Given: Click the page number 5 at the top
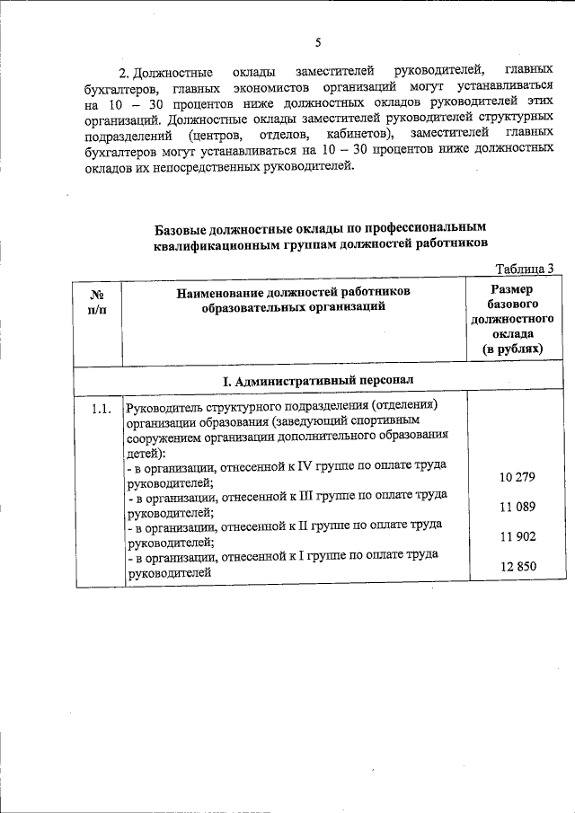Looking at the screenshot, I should tap(318, 42).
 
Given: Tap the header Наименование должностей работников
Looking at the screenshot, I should tap(294, 292).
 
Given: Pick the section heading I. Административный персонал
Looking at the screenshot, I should tap(318, 381).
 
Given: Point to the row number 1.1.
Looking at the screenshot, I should tap(100, 410).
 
